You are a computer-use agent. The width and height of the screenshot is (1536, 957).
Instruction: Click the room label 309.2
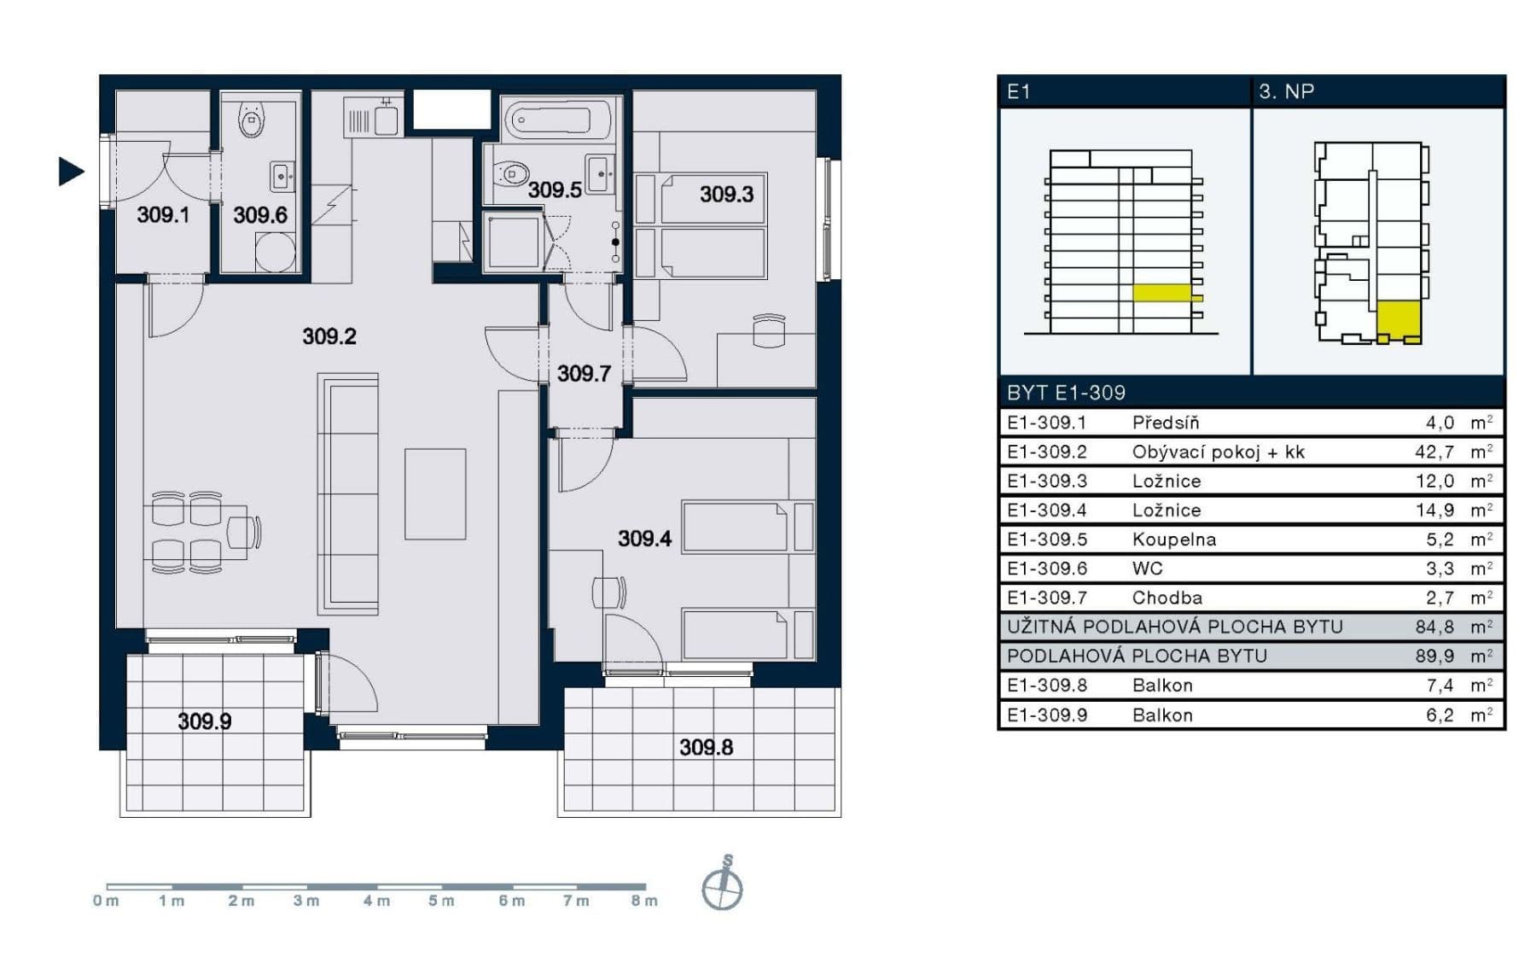click(329, 336)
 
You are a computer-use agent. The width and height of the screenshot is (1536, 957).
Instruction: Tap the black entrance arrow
click(70, 172)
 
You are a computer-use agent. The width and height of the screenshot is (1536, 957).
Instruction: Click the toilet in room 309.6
click(252, 120)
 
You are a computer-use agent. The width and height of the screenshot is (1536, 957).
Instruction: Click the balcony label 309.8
click(706, 748)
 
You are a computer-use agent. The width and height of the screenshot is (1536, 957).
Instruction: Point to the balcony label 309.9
click(204, 721)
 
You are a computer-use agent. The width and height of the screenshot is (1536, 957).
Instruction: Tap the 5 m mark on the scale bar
click(441, 901)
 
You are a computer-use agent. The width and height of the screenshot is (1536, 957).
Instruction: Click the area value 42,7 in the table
click(1434, 452)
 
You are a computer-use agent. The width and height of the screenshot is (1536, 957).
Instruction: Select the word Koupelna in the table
click(1173, 540)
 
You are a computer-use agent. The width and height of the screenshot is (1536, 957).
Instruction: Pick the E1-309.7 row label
click(1046, 598)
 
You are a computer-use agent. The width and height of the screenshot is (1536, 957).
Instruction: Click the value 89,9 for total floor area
click(1434, 656)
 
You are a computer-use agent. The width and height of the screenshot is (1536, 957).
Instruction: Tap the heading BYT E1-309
click(1066, 393)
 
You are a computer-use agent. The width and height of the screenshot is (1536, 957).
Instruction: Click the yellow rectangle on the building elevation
click(1161, 293)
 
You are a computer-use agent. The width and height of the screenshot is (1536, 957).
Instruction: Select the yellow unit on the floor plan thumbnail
click(1399, 319)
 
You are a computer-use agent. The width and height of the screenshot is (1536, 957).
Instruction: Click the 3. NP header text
click(1286, 91)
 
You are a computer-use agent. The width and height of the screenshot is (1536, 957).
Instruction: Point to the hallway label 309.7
click(584, 374)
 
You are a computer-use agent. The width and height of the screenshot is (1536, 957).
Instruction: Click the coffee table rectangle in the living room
click(435, 493)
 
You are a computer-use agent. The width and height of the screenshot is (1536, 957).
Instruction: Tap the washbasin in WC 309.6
click(282, 177)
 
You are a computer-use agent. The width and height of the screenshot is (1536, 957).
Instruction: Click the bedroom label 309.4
click(644, 539)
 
